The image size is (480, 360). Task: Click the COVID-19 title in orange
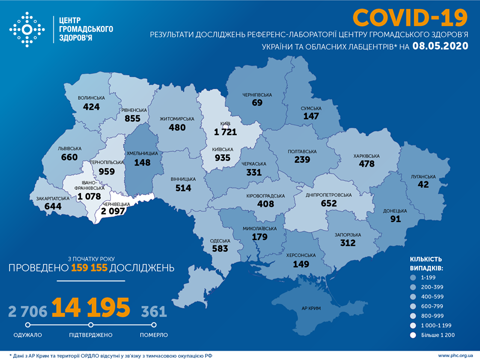coord(410,18)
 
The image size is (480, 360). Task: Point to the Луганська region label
coord(423,176)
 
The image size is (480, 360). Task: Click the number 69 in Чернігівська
coord(258,102)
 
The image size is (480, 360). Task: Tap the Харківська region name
coord(366,156)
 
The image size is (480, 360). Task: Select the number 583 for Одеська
coord(219,248)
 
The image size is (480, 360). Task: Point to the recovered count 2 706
coord(28,312)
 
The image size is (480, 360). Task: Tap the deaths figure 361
coord(154,312)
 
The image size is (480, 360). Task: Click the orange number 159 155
coord(90,268)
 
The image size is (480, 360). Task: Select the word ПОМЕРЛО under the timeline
coord(154,335)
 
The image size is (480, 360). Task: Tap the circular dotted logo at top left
coord(27,30)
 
